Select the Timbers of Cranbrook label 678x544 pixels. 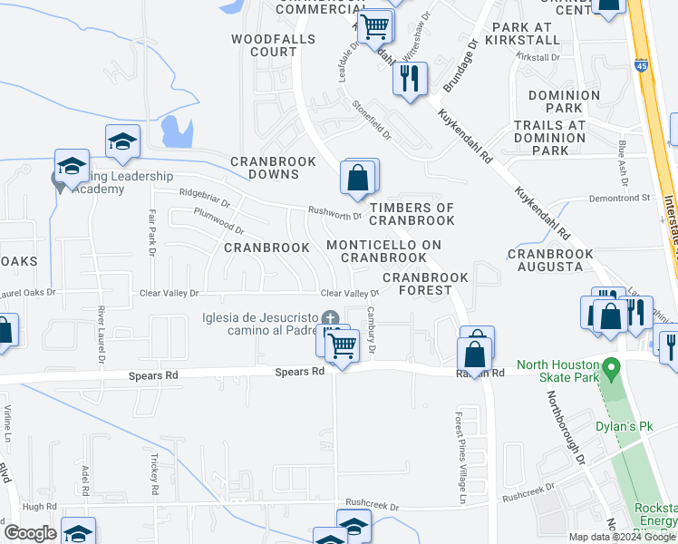pyautogui.click(x=412, y=214)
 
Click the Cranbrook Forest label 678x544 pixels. pyautogui.click(x=425, y=284)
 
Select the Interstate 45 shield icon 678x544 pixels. pyautogui.click(x=641, y=65)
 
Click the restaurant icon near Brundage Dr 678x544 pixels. pyautogui.click(x=410, y=79)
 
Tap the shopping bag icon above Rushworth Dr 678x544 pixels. pyautogui.click(x=358, y=178)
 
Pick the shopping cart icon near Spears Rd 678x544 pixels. pyautogui.click(x=342, y=345)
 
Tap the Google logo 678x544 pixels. pyautogui.click(x=30, y=533)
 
